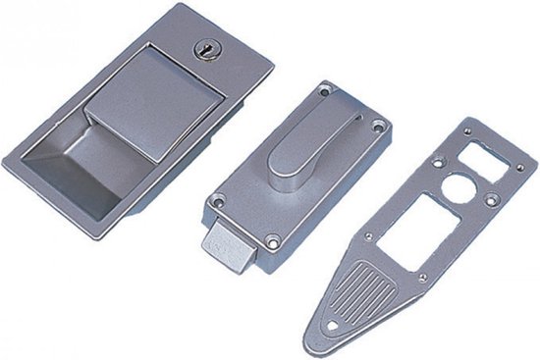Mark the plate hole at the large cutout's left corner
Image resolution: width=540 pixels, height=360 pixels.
pos(365,236)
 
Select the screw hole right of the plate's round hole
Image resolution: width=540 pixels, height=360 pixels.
pos(489,204)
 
